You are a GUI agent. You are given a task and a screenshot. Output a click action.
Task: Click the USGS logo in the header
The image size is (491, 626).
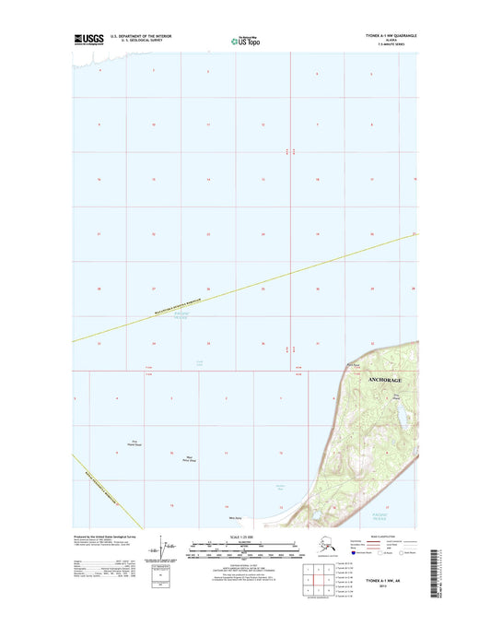(88, 39)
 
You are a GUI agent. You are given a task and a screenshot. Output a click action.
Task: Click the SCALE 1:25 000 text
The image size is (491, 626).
(240, 537)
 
